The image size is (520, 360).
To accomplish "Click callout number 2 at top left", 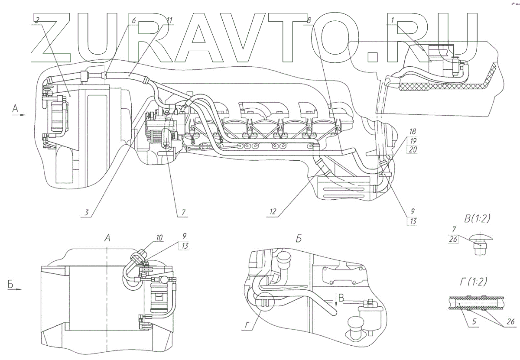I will pos(38,20).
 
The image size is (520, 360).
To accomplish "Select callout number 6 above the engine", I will pos(133,20).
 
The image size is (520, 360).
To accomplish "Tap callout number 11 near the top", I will pos(169,20).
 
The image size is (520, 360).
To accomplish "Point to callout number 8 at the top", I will pos(309,20).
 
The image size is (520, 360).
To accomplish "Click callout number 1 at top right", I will pos(392,20).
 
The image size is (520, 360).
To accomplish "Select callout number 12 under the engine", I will pos(273,212).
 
